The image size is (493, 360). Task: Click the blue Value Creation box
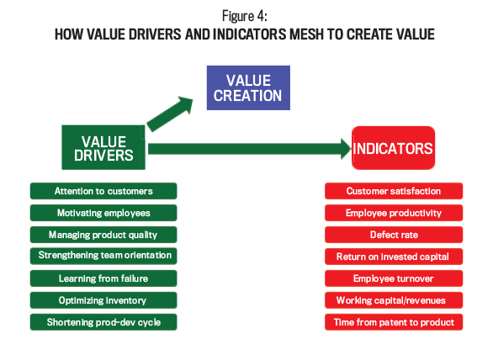(248, 87)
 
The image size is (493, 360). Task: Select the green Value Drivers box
(103, 147)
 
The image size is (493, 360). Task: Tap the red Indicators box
(394, 148)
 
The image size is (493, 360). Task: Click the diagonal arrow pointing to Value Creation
(170, 114)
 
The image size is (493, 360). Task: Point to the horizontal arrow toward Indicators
(250, 149)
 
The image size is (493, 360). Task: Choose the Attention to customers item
(103, 191)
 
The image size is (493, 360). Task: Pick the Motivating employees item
(103, 213)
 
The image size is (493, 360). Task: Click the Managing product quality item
(103, 235)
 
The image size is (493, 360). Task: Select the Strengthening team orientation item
(103, 256)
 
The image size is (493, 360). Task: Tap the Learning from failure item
(103, 278)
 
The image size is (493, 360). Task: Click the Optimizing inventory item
(103, 300)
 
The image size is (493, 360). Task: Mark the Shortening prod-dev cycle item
(103, 322)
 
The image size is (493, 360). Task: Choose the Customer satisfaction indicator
(394, 191)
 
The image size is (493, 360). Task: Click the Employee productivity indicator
(394, 213)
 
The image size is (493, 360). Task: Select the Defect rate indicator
(394, 235)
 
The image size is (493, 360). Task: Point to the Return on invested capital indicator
(394, 257)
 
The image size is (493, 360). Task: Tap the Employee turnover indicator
(394, 278)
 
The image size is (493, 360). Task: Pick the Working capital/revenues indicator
(394, 300)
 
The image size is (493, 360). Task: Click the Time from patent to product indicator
(394, 322)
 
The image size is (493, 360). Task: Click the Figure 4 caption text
(245, 16)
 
